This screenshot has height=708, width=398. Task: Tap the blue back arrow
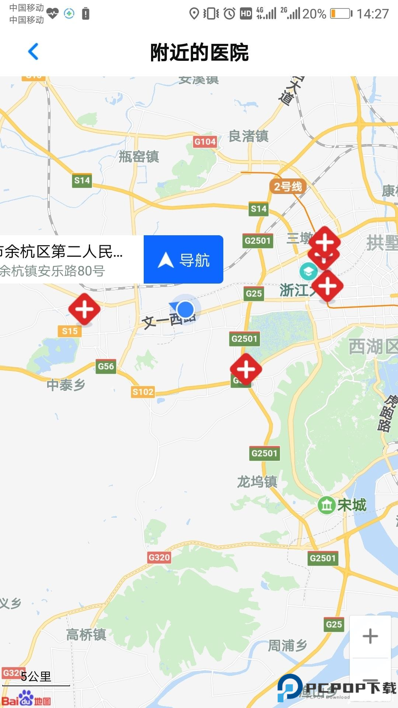(33, 52)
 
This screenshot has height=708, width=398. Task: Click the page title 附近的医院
(199, 52)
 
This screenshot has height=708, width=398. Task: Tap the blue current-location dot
(185, 309)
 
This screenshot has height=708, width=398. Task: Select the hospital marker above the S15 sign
(84, 309)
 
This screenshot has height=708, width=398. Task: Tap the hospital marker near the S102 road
(246, 369)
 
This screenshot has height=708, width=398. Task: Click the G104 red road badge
(205, 142)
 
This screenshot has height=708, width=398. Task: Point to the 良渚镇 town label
(248, 136)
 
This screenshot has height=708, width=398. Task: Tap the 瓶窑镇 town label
(139, 157)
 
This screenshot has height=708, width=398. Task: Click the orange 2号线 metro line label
(288, 187)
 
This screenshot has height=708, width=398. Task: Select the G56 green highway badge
(106, 366)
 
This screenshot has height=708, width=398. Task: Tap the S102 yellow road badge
(143, 392)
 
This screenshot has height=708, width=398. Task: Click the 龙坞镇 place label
(257, 482)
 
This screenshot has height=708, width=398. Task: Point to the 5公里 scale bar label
(36, 677)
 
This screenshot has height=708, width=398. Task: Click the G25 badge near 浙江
(254, 294)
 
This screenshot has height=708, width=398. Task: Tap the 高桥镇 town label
(86, 635)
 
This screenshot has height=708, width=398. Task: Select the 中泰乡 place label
(66, 385)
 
